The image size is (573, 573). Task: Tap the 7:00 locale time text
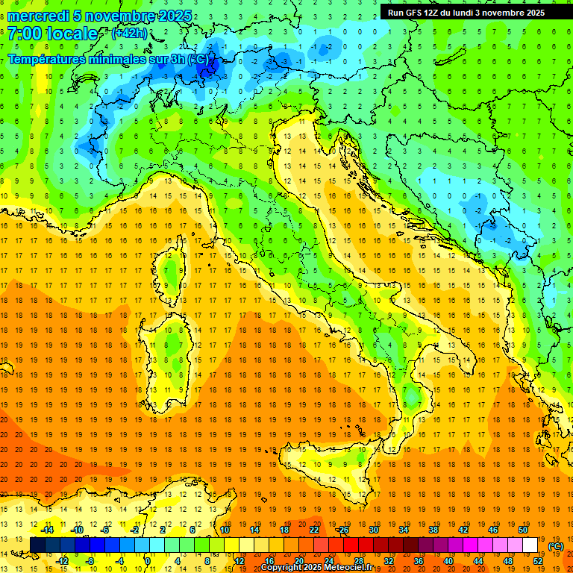click(53, 34)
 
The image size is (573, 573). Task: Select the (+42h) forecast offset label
click(129, 33)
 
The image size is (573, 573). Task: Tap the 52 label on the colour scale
click(538, 560)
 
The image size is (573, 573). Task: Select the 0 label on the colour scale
click(147, 560)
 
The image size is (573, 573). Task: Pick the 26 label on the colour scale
click(343, 530)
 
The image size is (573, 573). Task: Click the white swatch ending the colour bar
click(530, 545)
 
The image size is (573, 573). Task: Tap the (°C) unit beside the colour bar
click(556, 545)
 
